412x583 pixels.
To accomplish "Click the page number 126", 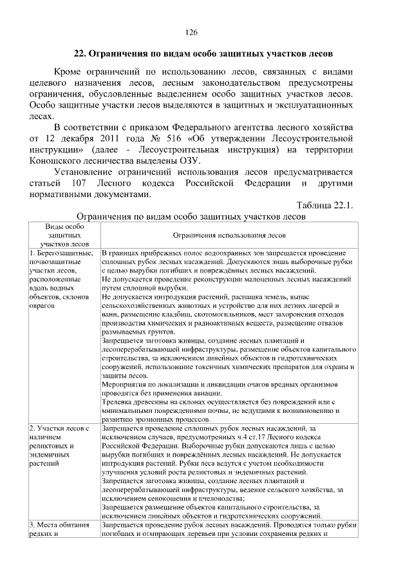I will (191, 32).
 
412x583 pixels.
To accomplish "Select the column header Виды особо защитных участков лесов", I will (64, 236).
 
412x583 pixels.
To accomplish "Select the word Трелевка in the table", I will (120, 401).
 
